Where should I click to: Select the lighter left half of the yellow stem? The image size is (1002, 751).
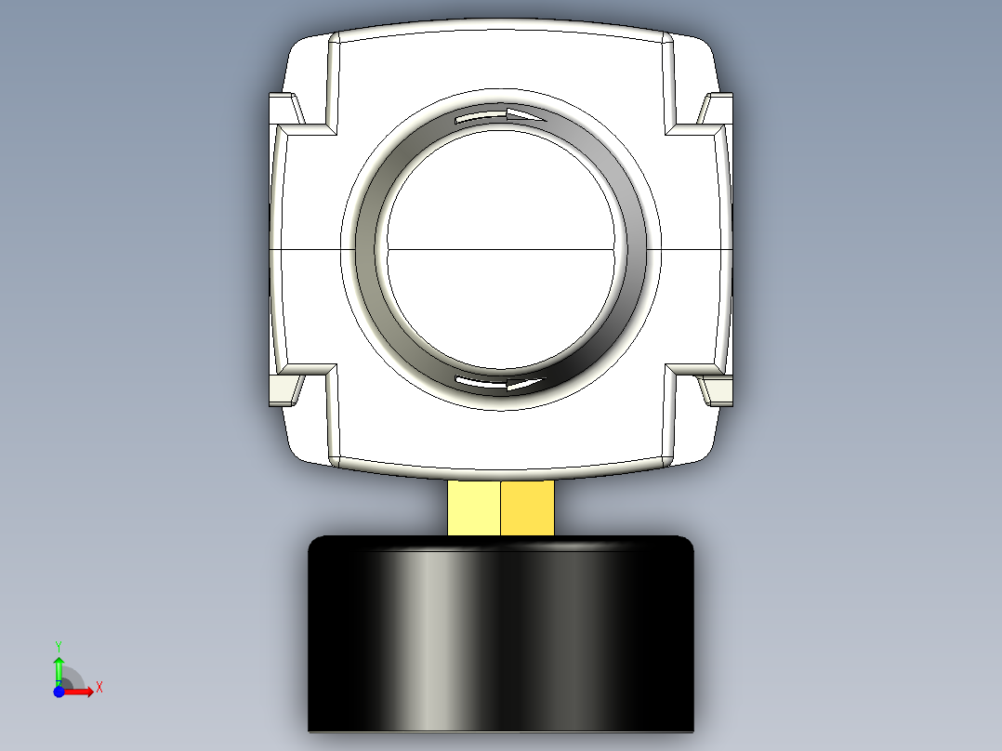click(x=473, y=507)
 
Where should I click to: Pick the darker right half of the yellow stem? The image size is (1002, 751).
click(x=527, y=507)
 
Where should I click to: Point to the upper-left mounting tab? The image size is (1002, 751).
click(x=284, y=108)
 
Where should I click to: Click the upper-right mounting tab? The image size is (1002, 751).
click(x=717, y=108)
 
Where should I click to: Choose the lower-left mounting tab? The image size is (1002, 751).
click(x=284, y=390)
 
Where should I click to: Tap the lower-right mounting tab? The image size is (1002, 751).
click(x=717, y=390)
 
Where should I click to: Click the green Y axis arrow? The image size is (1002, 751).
click(x=59, y=667)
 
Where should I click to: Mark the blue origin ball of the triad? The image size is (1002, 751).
click(x=59, y=692)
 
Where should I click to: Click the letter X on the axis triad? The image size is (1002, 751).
click(x=99, y=688)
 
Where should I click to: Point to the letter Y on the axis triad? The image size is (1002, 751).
click(x=59, y=644)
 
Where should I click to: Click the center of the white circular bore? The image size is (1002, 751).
click(x=500, y=249)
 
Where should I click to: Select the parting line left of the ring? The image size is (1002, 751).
click(x=311, y=250)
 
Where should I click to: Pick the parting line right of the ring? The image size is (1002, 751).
click(x=688, y=250)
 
